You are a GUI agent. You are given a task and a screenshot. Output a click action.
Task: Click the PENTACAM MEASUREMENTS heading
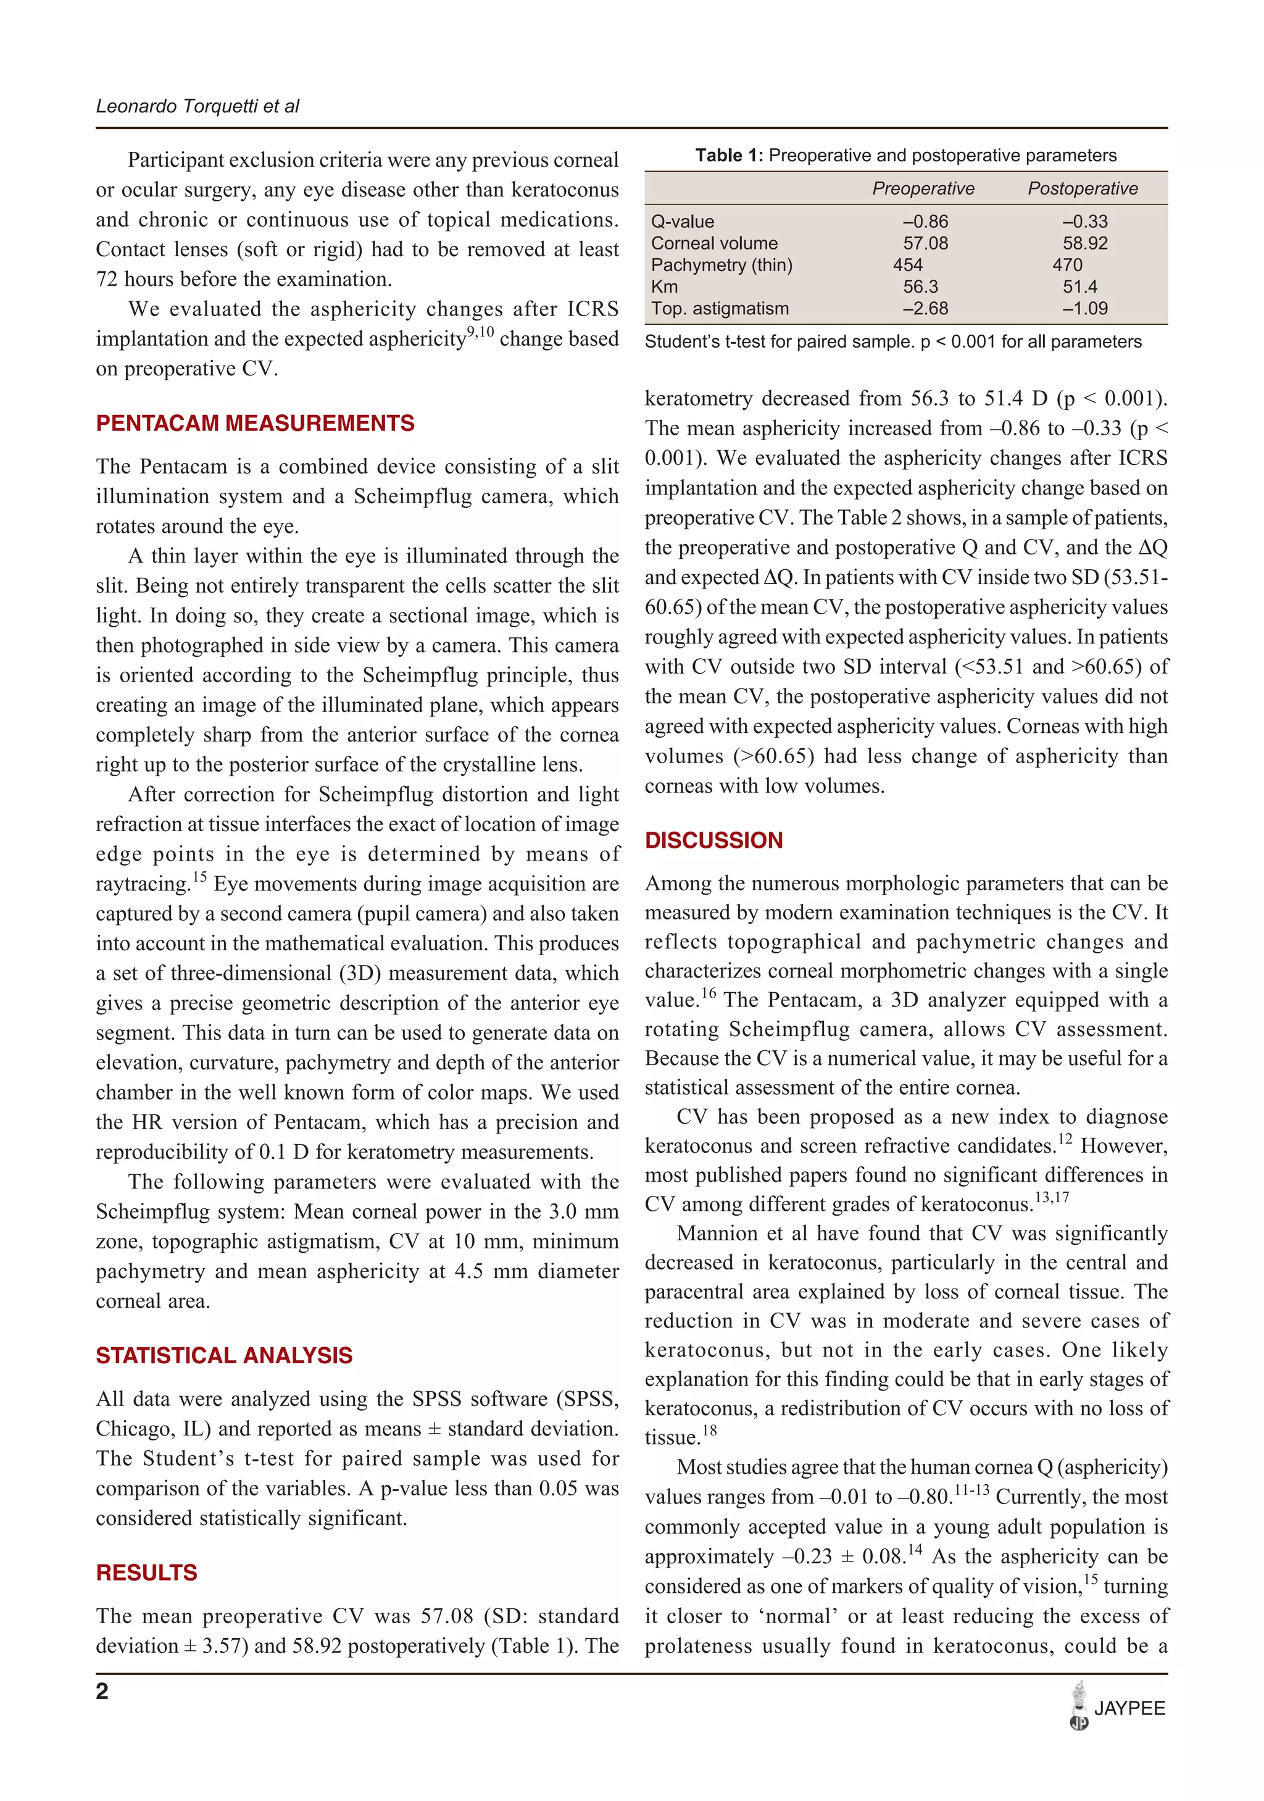click(255, 424)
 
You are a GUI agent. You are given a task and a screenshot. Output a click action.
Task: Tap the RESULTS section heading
click(147, 1573)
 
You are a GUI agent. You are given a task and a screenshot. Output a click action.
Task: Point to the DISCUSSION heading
click(713, 840)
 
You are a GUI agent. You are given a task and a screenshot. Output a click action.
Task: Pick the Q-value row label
click(682, 222)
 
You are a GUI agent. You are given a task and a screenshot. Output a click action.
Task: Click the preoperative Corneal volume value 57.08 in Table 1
click(925, 243)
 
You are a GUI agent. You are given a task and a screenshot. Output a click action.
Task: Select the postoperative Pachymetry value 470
click(1067, 265)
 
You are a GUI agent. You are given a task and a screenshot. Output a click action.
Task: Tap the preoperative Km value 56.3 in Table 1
click(921, 287)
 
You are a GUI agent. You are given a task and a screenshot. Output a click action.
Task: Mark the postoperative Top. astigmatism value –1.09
click(1084, 309)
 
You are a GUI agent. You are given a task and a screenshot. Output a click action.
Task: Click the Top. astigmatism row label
click(719, 309)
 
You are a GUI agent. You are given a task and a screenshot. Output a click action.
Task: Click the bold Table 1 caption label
click(728, 156)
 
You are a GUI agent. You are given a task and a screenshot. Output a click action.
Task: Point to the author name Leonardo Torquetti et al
click(197, 107)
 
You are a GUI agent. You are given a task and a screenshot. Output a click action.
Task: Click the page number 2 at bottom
click(102, 1692)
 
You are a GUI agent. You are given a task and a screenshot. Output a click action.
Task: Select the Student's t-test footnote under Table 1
click(892, 342)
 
